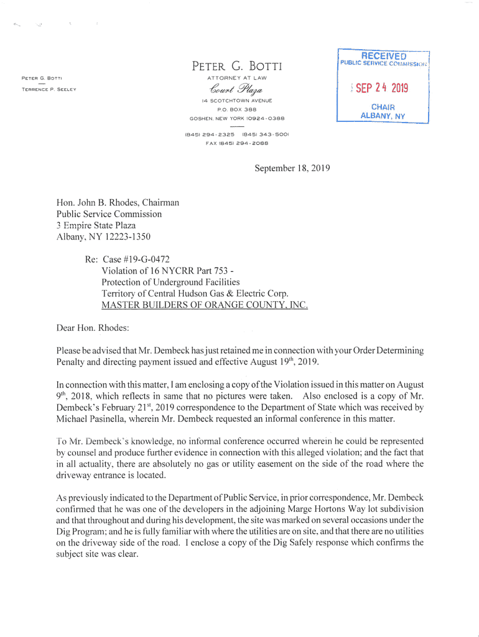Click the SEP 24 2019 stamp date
tap(382, 88)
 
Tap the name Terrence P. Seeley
tap(49, 90)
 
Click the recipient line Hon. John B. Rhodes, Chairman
tap(118, 202)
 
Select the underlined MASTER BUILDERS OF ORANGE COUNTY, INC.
tap(205, 305)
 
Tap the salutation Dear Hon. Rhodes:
tap(93, 327)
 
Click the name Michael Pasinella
tap(94, 419)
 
